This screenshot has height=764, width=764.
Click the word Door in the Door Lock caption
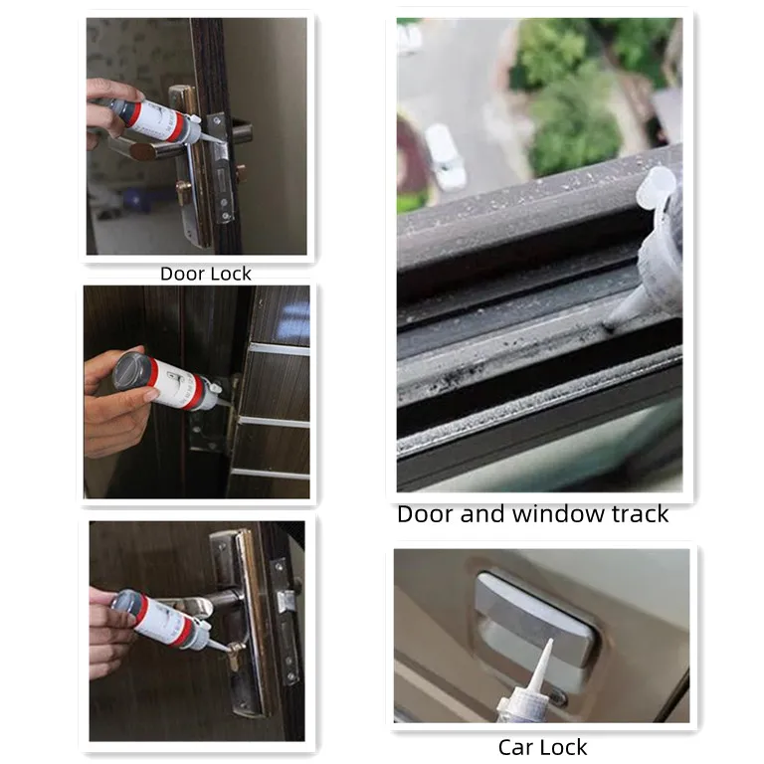(183, 274)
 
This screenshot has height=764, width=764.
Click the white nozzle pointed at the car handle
(542, 668)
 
